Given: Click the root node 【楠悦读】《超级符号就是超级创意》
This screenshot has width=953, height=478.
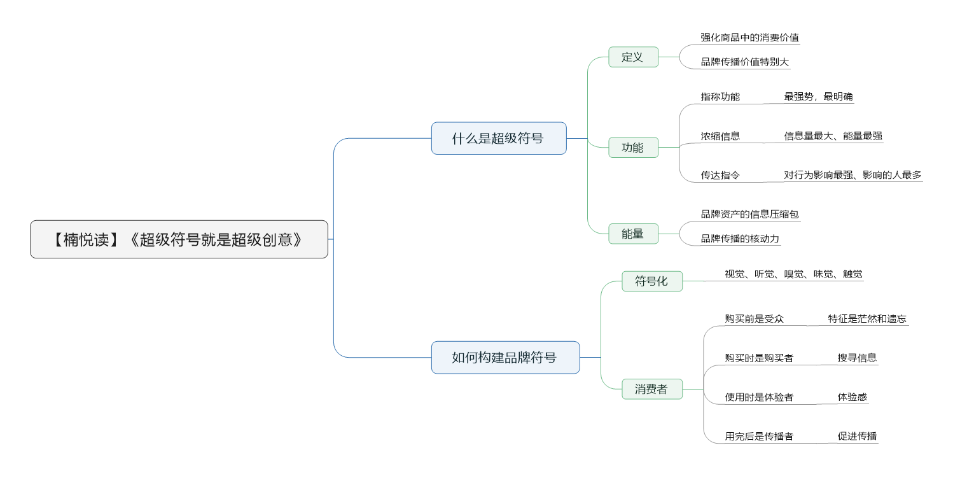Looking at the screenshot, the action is [179, 239].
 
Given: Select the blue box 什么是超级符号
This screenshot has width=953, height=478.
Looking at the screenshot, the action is [499, 138].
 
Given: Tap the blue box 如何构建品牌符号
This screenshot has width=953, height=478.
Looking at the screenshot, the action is [505, 358].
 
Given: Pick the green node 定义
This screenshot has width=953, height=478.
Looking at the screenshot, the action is [633, 57].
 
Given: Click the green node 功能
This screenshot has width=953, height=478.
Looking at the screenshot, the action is [633, 147].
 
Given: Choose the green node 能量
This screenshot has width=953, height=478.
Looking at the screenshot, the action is [633, 234].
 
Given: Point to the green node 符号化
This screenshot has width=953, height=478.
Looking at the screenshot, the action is [652, 281].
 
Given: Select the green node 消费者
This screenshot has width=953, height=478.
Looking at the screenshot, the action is [652, 389].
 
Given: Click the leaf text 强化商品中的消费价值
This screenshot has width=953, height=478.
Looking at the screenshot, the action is [749, 38].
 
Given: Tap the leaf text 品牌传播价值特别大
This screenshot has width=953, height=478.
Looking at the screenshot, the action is [745, 62].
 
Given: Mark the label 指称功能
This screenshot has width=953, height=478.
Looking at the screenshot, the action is [720, 97].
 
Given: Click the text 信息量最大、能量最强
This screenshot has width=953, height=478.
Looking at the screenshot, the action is [833, 136].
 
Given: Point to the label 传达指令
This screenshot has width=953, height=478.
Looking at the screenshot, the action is [720, 175].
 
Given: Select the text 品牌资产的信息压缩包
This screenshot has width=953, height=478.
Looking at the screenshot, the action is [749, 214].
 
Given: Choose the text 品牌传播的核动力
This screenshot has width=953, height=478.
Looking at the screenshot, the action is [740, 238].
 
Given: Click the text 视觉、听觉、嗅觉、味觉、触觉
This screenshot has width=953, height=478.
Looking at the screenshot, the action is [793, 274].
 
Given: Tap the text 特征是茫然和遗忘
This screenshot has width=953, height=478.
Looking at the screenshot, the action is [867, 318].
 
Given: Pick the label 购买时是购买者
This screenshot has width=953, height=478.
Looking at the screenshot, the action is [759, 358].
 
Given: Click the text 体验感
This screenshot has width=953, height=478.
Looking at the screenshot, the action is [852, 397].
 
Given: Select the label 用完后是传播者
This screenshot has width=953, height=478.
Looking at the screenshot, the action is [759, 436].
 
